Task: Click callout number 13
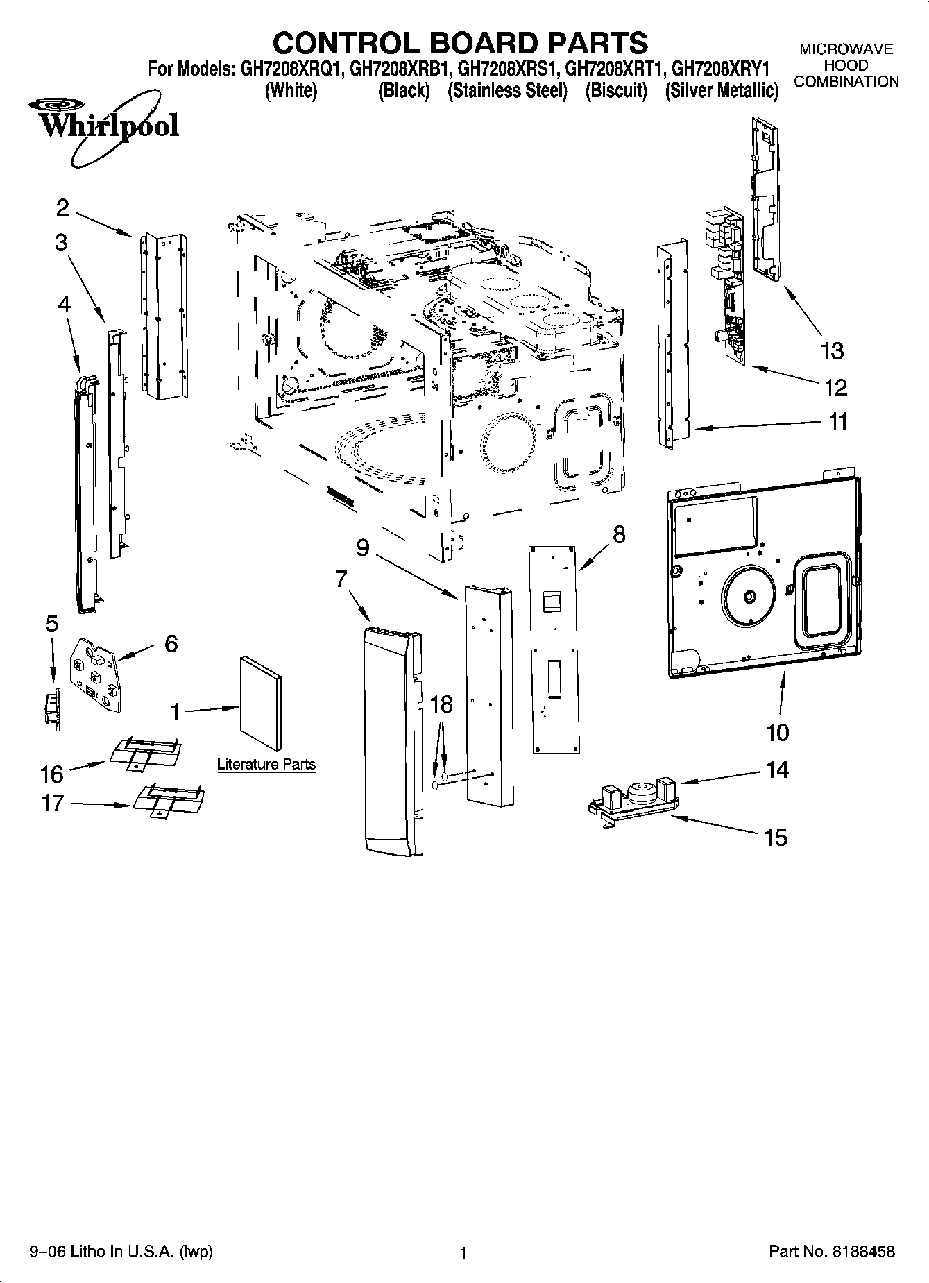pyautogui.click(x=832, y=351)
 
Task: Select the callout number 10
pyautogui.click(x=778, y=732)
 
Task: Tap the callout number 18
pyautogui.click(x=441, y=704)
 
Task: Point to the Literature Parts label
pyautogui.click(x=266, y=765)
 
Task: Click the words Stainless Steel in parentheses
pyautogui.click(x=507, y=91)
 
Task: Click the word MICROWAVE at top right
pyautogui.click(x=846, y=50)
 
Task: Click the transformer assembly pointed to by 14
pyautogui.click(x=638, y=795)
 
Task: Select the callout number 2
pyautogui.click(x=63, y=207)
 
